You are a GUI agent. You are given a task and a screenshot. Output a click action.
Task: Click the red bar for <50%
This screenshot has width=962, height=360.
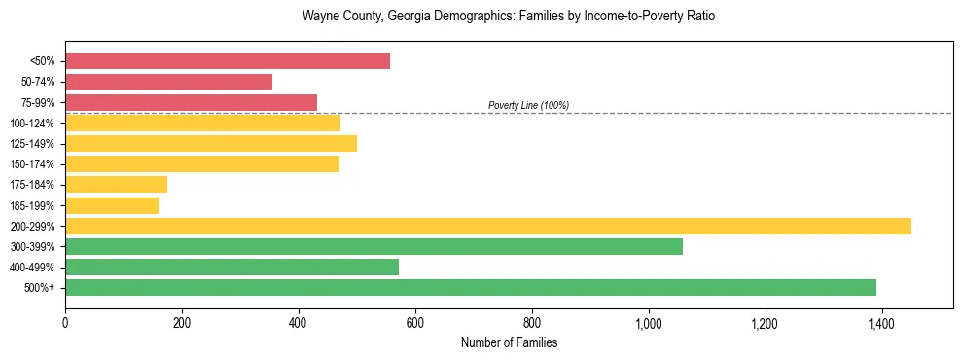[x=228, y=61]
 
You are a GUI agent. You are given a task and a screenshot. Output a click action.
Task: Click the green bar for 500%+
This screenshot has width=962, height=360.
[x=471, y=287]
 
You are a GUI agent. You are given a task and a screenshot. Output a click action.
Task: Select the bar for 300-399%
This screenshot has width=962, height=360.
[x=374, y=246]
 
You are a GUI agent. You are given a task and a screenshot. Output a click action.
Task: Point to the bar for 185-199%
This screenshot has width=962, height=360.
[x=112, y=205]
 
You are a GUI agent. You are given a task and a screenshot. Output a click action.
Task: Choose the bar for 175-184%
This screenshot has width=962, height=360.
[x=116, y=184]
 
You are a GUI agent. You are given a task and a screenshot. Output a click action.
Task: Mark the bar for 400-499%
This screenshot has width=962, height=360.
[x=232, y=267]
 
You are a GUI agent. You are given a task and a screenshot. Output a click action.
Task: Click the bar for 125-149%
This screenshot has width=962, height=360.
[x=211, y=143]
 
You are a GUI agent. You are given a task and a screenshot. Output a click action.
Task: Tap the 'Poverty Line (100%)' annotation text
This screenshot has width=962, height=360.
[x=528, y=105]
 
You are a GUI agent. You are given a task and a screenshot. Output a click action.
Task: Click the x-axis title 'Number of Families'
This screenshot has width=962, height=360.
[x=509, y=342]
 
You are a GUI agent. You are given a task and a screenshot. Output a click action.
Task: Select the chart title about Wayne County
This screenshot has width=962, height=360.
[x=509, y=17]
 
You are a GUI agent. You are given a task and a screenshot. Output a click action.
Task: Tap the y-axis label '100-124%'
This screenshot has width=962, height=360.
[x=32, y=124]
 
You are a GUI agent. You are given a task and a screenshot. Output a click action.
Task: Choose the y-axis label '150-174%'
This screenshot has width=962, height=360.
[x=32, y=164]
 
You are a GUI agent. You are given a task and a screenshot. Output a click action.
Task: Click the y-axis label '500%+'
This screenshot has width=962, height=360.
[x=40, y=288]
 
